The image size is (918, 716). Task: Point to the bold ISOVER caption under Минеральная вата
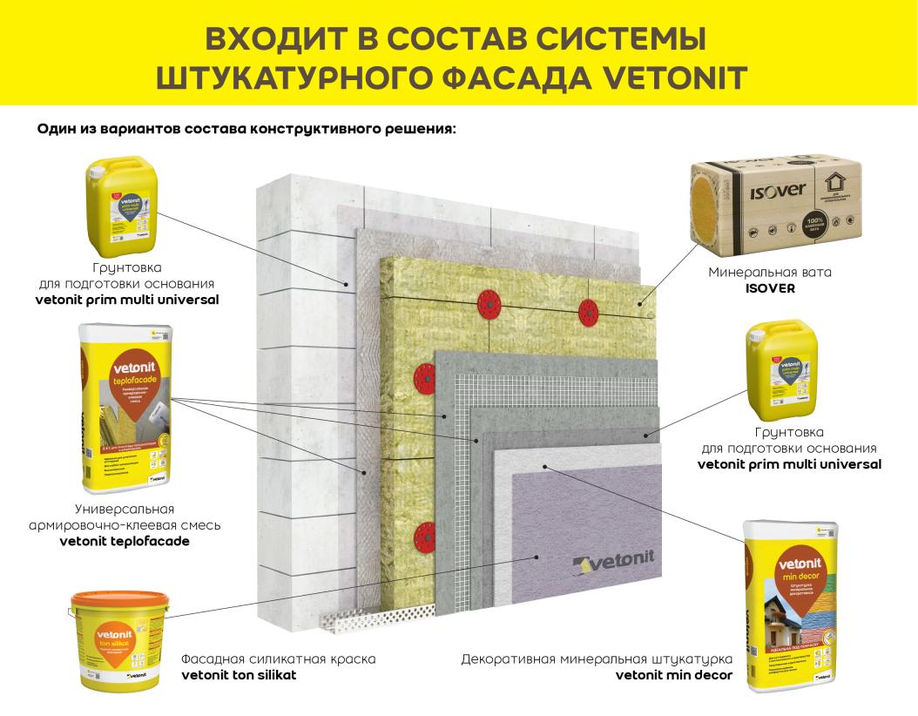pos(769,288)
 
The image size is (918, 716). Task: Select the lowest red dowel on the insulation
pos(425,532)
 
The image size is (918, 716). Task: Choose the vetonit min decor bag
pos(788,605)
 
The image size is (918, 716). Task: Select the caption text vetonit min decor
pos(673,675)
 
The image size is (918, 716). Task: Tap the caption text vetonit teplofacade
pos(125,541)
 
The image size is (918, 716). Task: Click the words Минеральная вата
pos(769,272)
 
